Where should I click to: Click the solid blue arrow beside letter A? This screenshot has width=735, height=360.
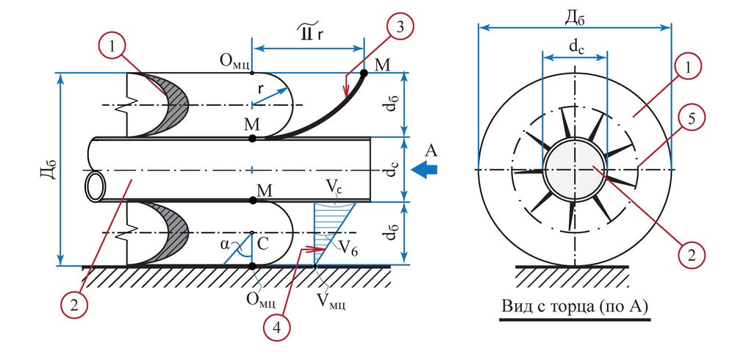pos(424,170)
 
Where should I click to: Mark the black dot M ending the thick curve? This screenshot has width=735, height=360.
pos(364,73)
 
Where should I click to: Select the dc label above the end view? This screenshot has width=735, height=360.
pos(576,46)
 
